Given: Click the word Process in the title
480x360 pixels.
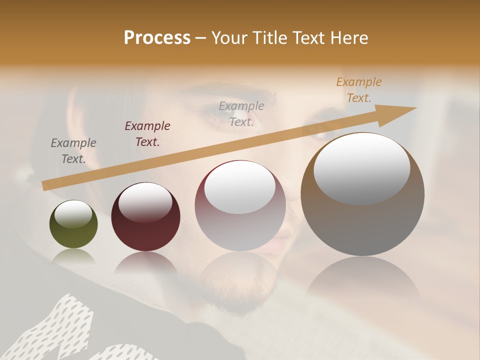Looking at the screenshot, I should (157, 38).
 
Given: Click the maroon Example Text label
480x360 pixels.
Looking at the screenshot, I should (147, 134).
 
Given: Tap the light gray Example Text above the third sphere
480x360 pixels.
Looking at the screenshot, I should (241, 114).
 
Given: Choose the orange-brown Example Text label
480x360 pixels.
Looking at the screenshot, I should (359, 90).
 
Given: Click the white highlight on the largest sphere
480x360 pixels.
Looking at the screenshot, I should (362, 168).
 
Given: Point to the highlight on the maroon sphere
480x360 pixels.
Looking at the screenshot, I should (145, 201).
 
